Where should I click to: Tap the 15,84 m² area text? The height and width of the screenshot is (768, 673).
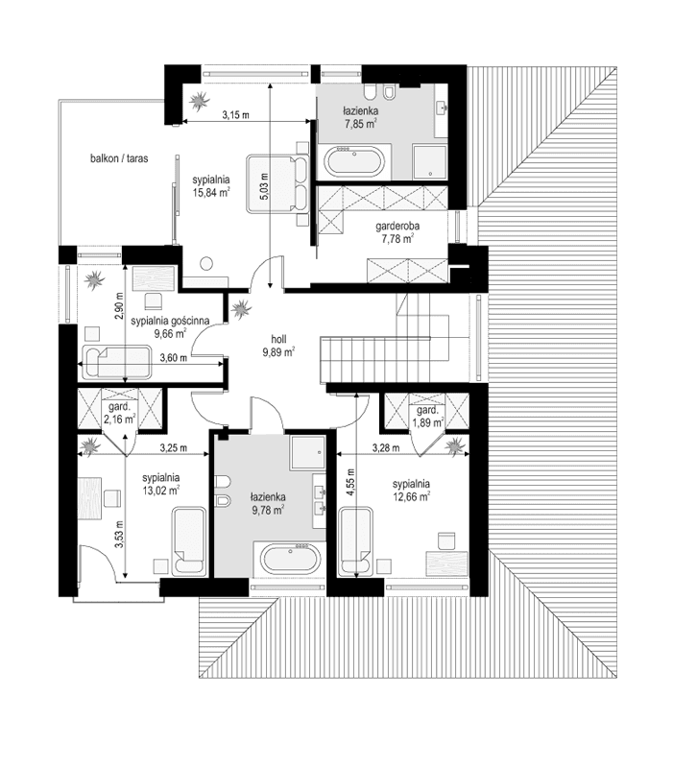click(210, 192)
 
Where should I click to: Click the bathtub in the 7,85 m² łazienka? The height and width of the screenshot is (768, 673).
click(354, 161)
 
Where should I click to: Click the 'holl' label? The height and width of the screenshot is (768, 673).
click(277, 338)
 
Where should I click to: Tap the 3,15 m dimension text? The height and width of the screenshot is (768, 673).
click(234, 116)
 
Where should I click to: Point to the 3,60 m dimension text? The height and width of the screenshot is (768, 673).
click(173, 359)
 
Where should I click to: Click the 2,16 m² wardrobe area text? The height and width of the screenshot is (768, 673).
click(119, 419)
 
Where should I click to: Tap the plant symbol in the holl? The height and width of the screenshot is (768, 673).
click(239, 308)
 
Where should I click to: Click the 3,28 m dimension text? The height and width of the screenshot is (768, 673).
click(389, 447)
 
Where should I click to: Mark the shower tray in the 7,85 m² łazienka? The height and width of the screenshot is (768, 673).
click(430, 160)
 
